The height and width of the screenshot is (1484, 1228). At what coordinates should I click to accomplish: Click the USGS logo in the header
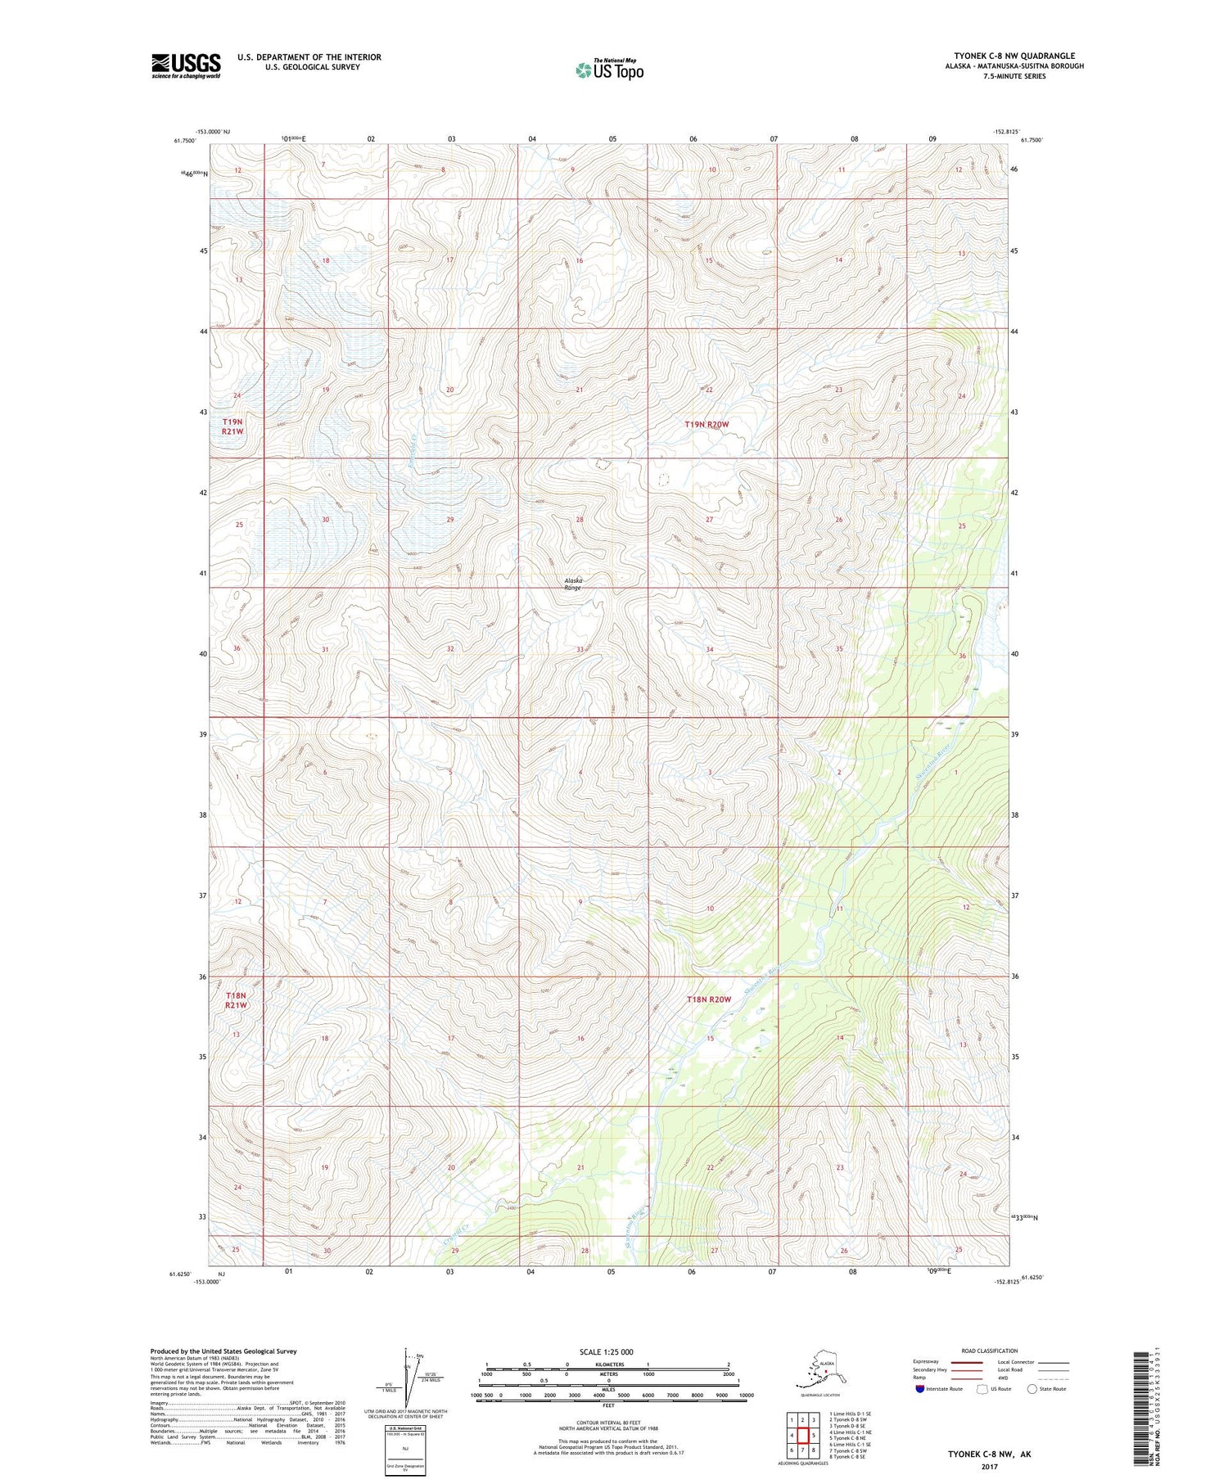point(186,65)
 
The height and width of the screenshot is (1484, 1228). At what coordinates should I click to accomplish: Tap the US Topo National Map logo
point(609,70)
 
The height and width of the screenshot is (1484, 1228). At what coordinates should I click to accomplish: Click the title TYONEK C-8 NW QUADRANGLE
point(1014,56)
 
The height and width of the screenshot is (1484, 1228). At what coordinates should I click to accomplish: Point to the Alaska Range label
point(573,584)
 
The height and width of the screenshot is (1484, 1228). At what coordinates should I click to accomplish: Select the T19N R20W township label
point(707,425)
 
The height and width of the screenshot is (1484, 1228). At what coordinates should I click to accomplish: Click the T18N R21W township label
point(235,999)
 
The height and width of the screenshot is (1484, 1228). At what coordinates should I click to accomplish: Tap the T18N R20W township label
point(708,999)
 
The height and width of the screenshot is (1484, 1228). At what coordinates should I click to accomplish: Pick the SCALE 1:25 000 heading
point(606,1351)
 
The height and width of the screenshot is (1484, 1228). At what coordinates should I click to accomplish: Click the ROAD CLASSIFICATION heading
point(989,1351)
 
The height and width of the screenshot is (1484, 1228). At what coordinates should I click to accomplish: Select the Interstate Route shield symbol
point(920,1389)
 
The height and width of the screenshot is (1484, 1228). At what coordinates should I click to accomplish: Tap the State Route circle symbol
point(1032,1389)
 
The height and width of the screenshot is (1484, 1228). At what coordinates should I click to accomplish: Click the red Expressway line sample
point(965,1362)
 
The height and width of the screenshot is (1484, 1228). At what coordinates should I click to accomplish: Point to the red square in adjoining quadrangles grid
point(802,1435)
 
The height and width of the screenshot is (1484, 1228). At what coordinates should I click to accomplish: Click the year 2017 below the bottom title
point(989,1466)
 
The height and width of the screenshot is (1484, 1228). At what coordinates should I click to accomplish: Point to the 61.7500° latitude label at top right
point(1031,140)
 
